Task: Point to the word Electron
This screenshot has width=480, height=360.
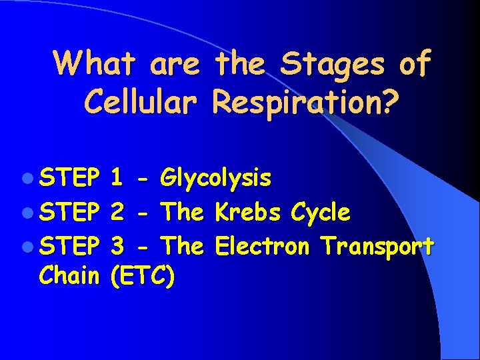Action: pos(262,247)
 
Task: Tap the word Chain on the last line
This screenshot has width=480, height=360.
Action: pos(69,275)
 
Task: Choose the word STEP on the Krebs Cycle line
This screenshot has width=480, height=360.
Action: pos(69,213)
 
